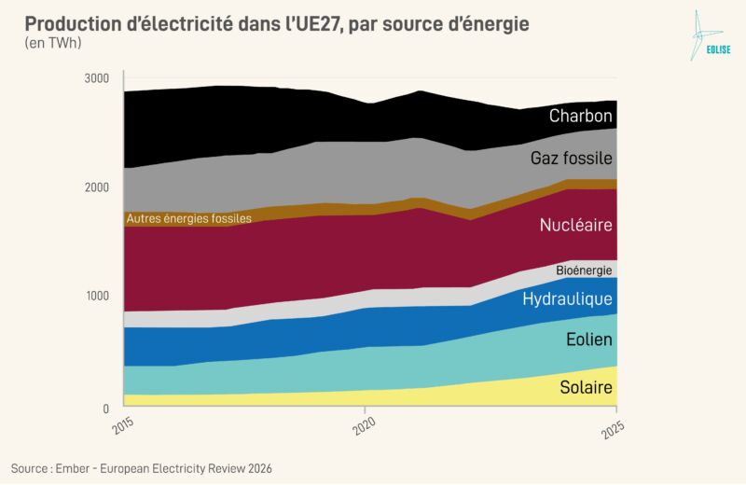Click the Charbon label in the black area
tap(580, 117)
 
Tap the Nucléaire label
tap(575, 225)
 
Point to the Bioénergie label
tap(584, 270)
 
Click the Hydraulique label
tap(567, 298)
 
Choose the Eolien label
tap(589, 339)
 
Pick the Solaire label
tap(586, 387)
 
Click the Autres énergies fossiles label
tap(189, 219)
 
